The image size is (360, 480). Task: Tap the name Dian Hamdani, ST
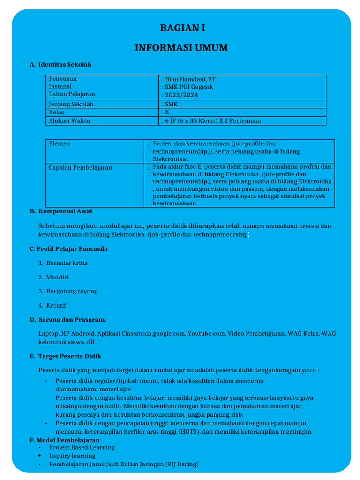[189, 79]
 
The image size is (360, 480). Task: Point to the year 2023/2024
[180, 95]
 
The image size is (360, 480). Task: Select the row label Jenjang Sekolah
[71, 104]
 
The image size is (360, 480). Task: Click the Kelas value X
[166, 112]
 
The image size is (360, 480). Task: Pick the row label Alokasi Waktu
[69, 120]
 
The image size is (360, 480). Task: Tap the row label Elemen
[60, 143]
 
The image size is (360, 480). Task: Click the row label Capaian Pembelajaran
[81, 167]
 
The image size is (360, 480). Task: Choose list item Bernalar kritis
[67, 263]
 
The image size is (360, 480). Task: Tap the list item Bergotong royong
[72, 291]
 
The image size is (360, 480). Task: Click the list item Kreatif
[56, 305]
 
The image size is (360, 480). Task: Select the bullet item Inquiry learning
[72, 456]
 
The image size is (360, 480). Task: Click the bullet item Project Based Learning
[82, 447]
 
